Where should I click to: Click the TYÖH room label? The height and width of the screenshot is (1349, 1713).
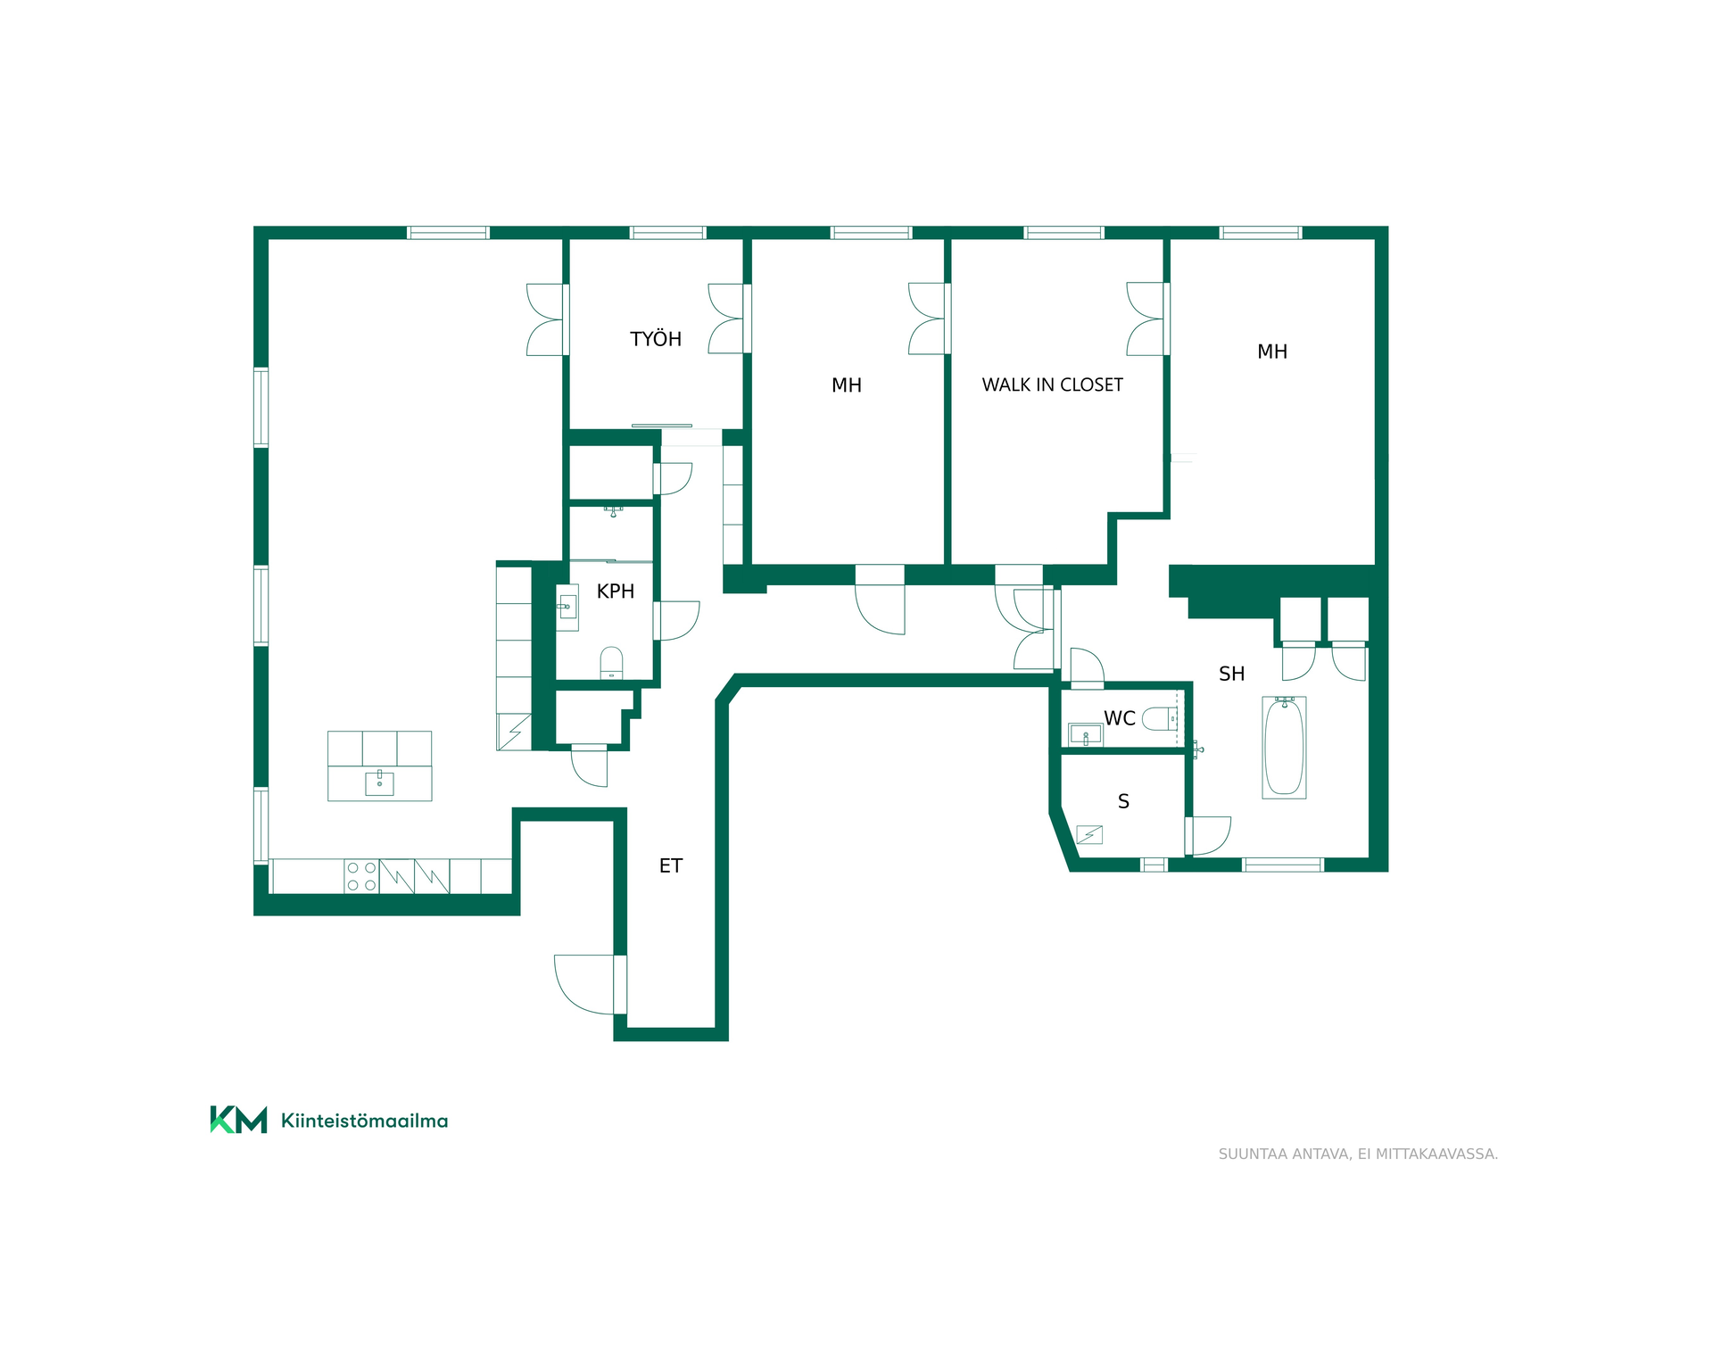click(x=656, y=339)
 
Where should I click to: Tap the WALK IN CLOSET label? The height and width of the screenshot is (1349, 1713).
click(x=1052, y=385)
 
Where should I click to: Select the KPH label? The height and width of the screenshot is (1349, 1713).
click(x=616, y=592)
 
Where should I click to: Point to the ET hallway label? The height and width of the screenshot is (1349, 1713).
click(x=671, y=865)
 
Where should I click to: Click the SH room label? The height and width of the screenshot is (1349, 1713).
click(x=1231, y=674)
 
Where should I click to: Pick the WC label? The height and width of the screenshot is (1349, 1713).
click(x=1120, y=718)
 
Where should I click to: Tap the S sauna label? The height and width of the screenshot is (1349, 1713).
click(x=1123, y=801)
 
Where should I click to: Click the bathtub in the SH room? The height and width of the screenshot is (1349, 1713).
click(x=1285, y=748)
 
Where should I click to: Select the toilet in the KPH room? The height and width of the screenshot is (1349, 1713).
click(x=611, y=663)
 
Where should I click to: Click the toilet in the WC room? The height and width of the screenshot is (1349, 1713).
click(x=1160, y=718)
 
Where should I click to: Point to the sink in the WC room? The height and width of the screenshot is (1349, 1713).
click(x=1086, y=735)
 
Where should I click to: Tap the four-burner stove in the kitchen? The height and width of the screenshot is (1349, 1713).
click(x=361, y=876)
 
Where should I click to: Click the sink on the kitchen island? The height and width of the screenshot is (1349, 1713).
click(x=379, y=782)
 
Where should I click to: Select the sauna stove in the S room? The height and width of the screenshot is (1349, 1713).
click(x=1089, y=834)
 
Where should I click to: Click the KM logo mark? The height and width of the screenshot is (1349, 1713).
click(x=238, y=1120)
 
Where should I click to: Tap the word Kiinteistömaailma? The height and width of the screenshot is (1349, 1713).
click(x=364, y=1121)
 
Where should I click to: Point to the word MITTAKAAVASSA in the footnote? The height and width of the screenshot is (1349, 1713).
click(x=1436, y=1154)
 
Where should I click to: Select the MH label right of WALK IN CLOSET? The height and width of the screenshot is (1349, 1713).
click(x=1272, y=352)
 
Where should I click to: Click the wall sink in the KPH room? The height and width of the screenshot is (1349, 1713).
click(x=567, y=608)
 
